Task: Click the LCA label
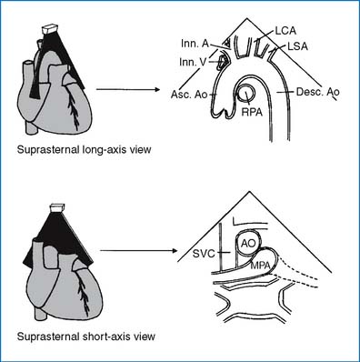click(285, 31)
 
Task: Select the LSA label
click(297, 46)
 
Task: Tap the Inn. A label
click(195, 44)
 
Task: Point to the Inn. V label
click(193, 62)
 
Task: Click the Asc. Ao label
click(189, 95)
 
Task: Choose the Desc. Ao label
click(318, 92)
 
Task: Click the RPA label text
click(252, 112)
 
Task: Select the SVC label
click(204, 254)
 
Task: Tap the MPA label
click(260, 266)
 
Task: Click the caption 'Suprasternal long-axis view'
click(84, 150)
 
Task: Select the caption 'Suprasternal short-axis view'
click(86, 337)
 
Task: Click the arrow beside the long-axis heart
click(128, 89)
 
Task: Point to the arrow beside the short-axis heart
click(138, 251)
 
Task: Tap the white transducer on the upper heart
click(51, 28)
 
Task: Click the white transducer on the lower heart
click(57, 208)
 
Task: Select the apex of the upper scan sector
click(247, 18)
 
